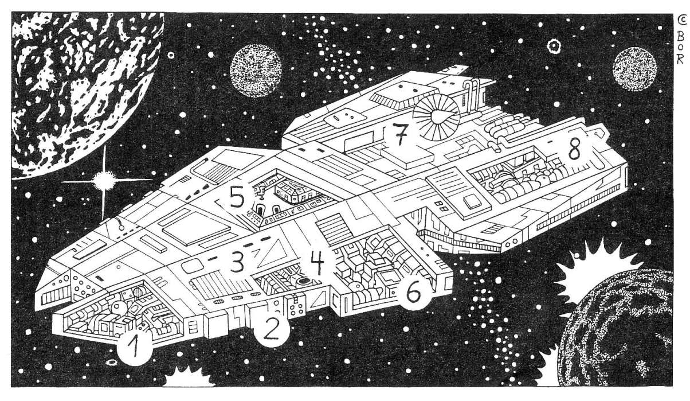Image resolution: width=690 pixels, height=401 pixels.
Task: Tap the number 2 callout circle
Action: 272,329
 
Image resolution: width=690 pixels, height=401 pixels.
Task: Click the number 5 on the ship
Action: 237,198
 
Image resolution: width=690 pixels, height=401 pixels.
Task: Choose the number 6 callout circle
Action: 414,292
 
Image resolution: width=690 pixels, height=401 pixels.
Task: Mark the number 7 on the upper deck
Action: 399,135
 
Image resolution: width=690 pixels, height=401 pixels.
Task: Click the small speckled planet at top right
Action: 634,69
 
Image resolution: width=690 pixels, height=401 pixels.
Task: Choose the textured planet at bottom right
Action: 625,333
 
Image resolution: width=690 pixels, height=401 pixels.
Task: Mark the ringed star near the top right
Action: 554,45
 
